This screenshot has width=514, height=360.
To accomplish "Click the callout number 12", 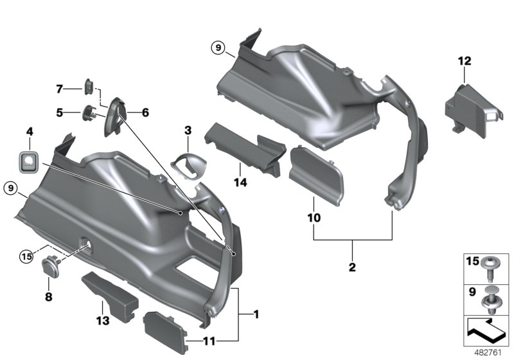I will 465,62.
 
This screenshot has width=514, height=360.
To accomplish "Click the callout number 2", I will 353,265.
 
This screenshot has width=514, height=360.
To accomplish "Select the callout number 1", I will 256,315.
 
